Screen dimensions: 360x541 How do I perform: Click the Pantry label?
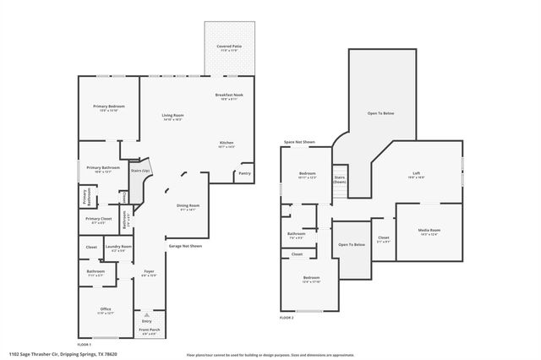[x=244, y=173]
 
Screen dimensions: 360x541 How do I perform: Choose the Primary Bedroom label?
[x=108, y=107]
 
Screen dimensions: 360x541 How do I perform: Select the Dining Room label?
[x=188, y=207]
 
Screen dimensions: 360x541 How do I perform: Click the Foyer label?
[x=149, y=272]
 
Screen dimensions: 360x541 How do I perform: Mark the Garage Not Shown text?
[x=184, y=246]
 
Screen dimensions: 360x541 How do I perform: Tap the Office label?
[x=106, y=310]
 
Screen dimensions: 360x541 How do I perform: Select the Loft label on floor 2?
[x=415, y=175]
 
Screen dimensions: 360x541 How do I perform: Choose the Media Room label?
[x=429, y=232]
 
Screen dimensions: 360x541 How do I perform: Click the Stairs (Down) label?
[x=339, y=180]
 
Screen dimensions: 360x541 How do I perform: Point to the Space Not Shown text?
[x=299, y=142]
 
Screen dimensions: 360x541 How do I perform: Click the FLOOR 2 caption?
[x=287, y=318]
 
